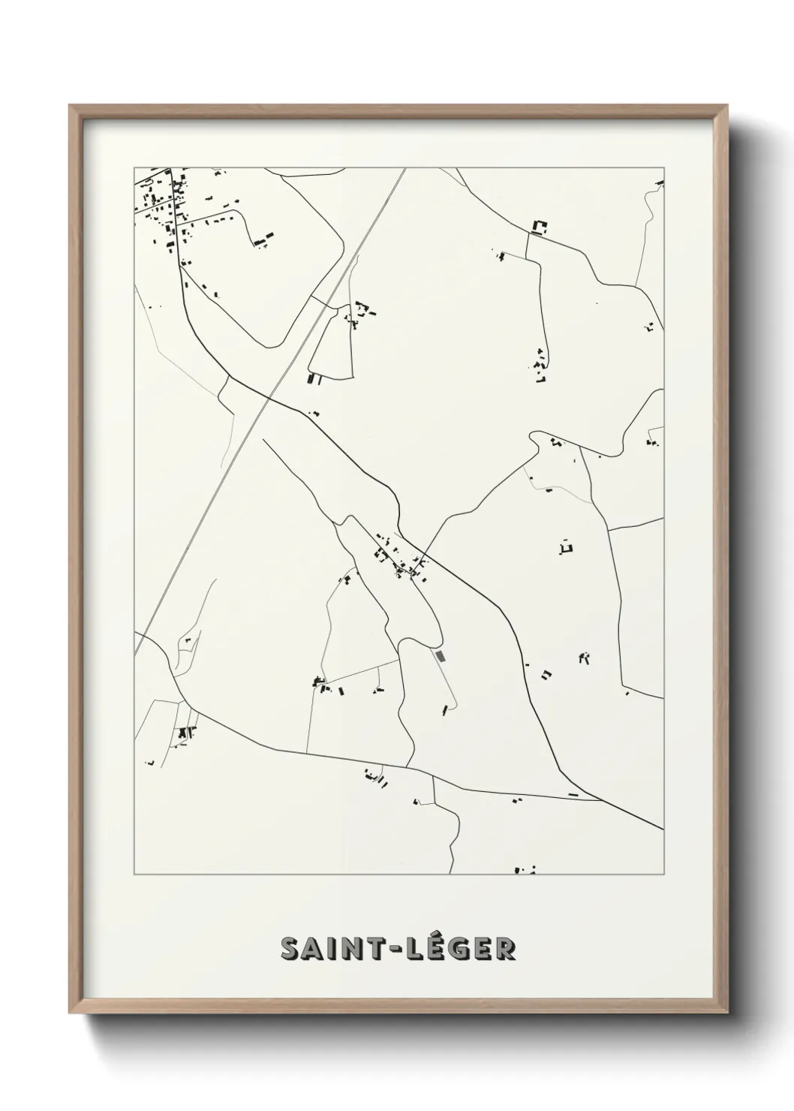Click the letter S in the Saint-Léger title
pos(290,949)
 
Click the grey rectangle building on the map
pos(441,656)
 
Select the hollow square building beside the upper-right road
pos(539,226)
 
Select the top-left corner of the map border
pos(134,167)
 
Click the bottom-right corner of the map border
pos(663,875)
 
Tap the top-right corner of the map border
pos(663,167)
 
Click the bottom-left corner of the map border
pos(134,875)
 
